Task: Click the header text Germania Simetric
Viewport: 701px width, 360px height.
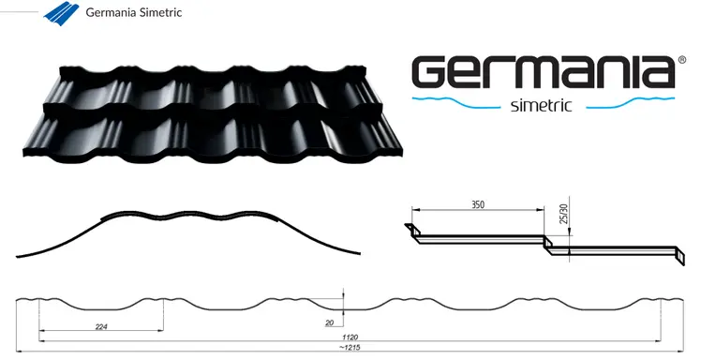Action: tap(133, 13)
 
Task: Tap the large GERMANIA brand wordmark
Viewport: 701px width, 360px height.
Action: tap(544, 72)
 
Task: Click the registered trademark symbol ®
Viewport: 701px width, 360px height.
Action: tap(681, 59)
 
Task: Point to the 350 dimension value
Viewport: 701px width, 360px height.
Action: tap(478, 202)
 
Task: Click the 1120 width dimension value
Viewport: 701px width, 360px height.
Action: tap(350, 337)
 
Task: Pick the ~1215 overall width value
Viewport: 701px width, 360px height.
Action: tap(350, 349)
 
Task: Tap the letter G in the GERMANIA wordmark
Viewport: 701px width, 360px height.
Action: tap(433, 72)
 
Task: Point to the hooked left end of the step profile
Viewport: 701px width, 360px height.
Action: tap(410, 229)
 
